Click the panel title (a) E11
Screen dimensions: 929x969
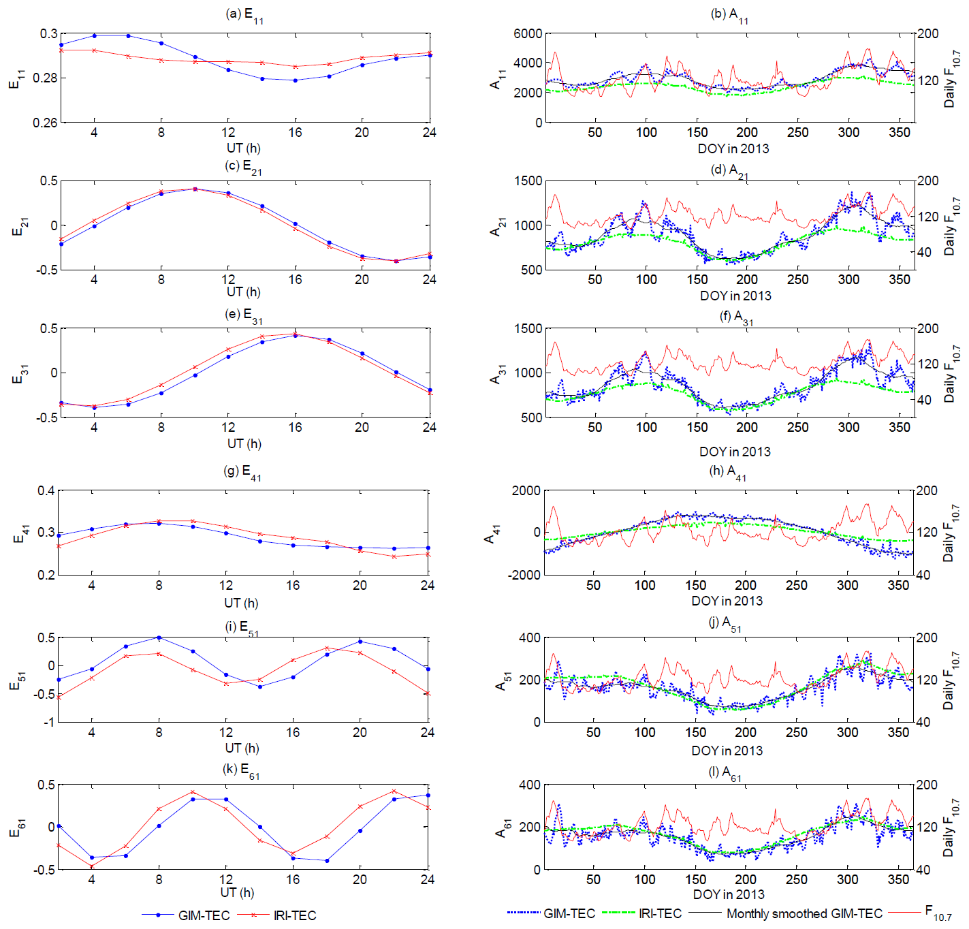click(x=244, y=15)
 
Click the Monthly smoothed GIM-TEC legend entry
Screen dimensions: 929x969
click(x=804, y=914)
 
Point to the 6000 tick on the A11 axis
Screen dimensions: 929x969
click(x=528, y=34)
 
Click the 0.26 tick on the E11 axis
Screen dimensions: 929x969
click(x=45, y=123)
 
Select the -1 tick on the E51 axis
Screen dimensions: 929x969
click(x=48, y=722)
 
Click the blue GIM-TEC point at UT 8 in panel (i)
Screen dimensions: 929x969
click(x=159, y=637)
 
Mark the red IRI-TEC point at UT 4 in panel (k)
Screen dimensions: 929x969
click(x=92, y=866)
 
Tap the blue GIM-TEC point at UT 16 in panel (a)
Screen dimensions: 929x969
click(x=295, y=80)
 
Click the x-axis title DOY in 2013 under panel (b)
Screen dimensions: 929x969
click(x=733, y=148)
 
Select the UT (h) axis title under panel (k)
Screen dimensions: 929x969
click(x=237, y=892)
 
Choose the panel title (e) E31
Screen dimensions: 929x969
click(x=243, y=315)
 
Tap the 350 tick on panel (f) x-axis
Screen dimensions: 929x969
click(x=900, y=427)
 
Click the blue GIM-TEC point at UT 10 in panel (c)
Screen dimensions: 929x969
click(x=195, y=189)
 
